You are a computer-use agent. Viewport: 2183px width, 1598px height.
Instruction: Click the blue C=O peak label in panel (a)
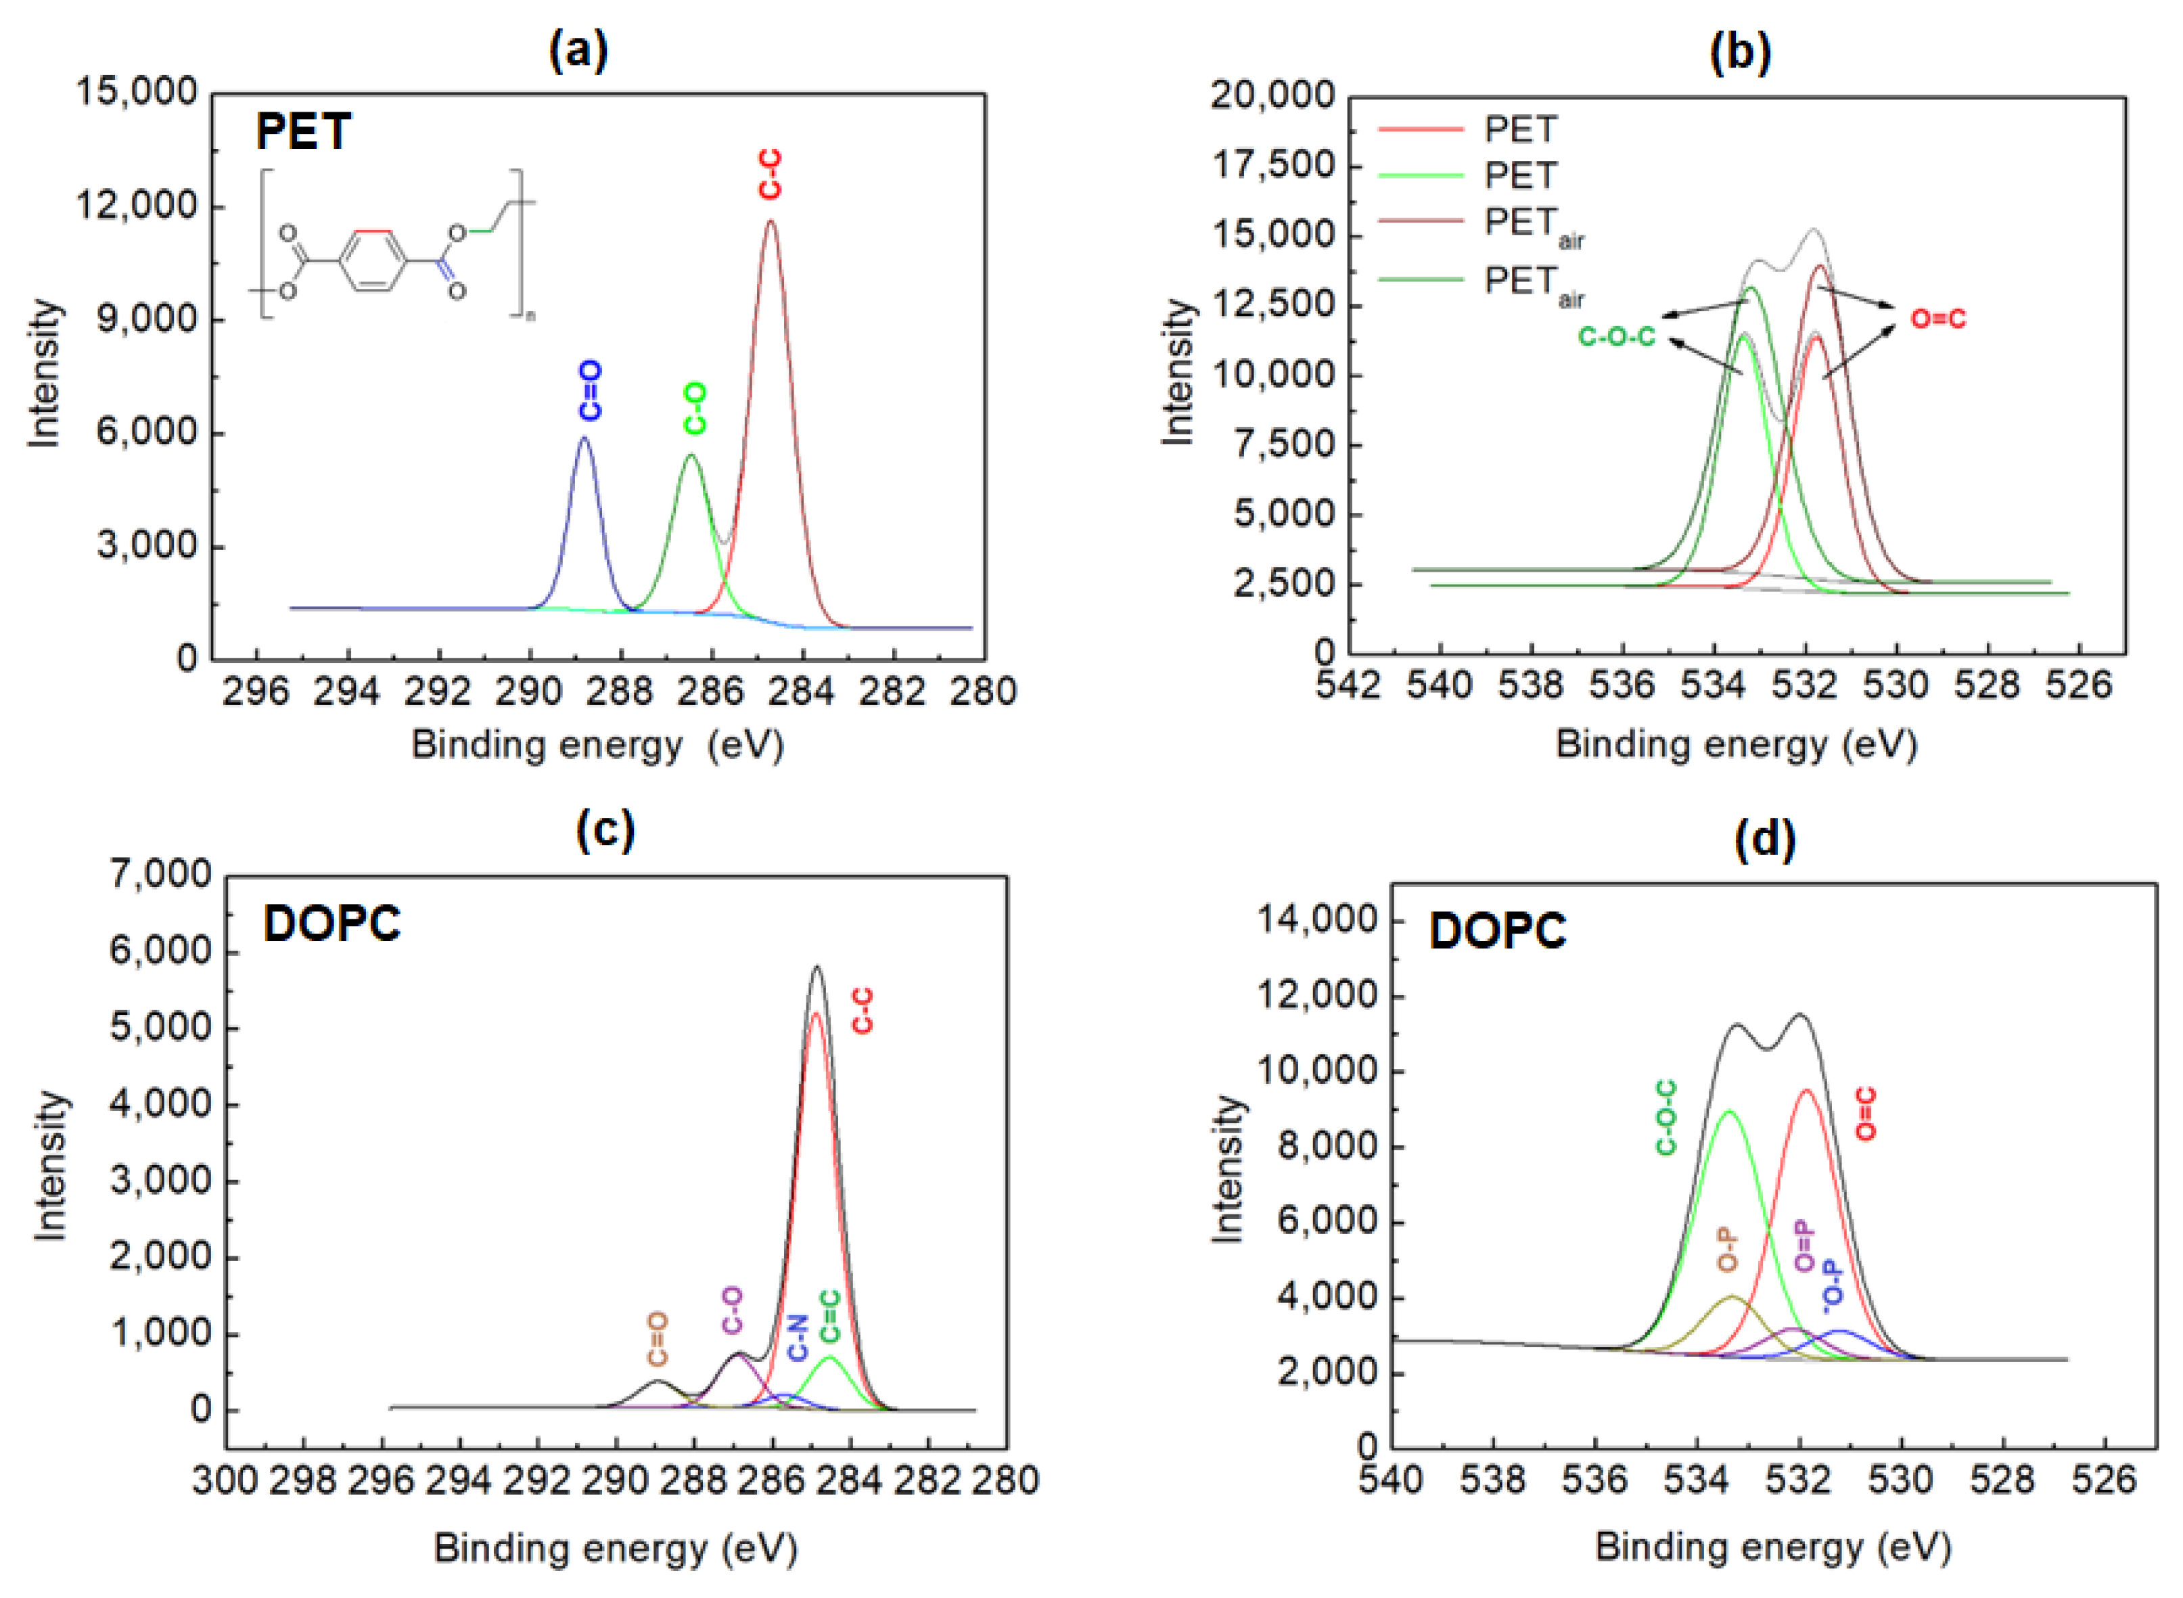[x=590, y=391]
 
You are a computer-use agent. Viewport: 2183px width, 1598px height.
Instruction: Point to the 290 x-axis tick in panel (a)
[x=529, y=691]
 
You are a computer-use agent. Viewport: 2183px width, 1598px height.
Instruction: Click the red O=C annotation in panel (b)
[x=1938, y=318]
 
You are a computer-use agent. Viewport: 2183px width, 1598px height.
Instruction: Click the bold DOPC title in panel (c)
[x=331, y=923]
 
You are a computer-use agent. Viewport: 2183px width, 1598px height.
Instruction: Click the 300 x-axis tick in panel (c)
[x=225, y=1481]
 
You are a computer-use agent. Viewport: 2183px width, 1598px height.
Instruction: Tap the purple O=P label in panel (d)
[x=1805, y=1246]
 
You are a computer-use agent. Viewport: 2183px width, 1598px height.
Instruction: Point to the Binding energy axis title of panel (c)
[x=615, y=1549]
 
